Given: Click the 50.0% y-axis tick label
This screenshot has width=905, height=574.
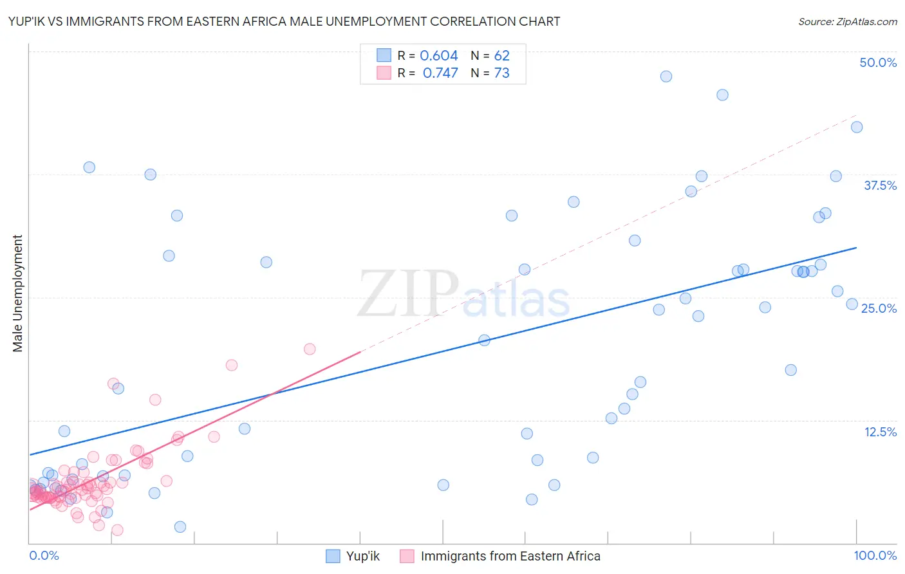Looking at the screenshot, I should pyautogui.click(x=878, y=62).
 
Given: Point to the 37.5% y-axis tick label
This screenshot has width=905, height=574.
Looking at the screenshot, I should pyautogui.click(x=880, y=185).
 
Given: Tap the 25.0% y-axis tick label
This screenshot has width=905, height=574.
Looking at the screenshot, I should pyautogui.click(x=879, y=308).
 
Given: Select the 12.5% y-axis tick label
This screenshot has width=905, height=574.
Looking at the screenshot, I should pyautogui.click(x=880, y=432).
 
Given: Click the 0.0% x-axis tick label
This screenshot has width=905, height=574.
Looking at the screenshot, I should pyautogui.click(x=44, y=555).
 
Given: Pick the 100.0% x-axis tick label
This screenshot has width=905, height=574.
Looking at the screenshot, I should pyautogui.click(x=875, y=555).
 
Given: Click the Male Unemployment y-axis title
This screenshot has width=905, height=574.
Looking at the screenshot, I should pyautogui.click(x=17, y=293).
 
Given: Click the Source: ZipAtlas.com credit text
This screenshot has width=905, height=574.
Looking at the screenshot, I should pyautogui.click(x=847, y=21).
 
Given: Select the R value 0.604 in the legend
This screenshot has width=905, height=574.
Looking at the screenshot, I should pyautogui.click(x=438, y=55).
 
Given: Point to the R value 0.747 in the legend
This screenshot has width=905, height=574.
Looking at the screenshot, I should pyautogui.click(x=440, y=73).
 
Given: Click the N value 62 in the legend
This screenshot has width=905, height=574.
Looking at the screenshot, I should pyautogui.click(x=501, y=55).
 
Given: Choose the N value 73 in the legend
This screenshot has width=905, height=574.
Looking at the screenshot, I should pyautogui.click(x=501, y=73).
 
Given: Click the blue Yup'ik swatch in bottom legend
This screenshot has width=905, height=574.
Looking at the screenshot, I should pyautogui.click(x=333, y=556).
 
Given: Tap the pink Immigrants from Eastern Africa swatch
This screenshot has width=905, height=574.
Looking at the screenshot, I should pyautogui.click(x=407, y=556).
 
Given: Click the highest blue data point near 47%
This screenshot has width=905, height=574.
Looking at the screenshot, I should pyautogui.click(x=666, y=77).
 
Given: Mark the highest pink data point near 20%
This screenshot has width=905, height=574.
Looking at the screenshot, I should pyautogui.click(x=310, y=349).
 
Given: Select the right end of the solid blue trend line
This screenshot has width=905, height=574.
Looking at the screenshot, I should pyautogui.click(x=856, y=248).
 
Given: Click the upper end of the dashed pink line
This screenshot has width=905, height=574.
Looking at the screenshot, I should pyautogui.click(x=856, y=115).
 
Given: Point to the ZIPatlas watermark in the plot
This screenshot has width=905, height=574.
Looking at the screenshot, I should pyautogui.click(x=463, y=295).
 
